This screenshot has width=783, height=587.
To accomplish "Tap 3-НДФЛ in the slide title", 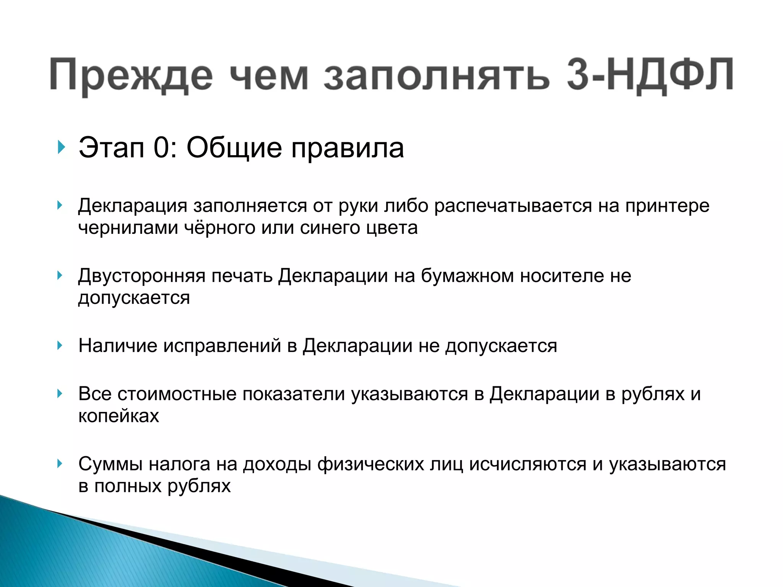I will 650,75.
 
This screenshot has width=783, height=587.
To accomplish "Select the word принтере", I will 667,206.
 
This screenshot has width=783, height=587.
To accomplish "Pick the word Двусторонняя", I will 142,276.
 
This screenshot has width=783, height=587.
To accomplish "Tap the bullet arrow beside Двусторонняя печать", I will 60,275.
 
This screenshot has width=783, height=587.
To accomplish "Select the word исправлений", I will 222,346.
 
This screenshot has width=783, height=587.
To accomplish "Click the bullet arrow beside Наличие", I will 60,345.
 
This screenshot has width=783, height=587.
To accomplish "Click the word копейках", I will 119,416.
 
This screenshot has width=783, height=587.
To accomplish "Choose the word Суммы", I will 110,464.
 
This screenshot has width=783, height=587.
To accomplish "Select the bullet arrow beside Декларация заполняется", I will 60,206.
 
